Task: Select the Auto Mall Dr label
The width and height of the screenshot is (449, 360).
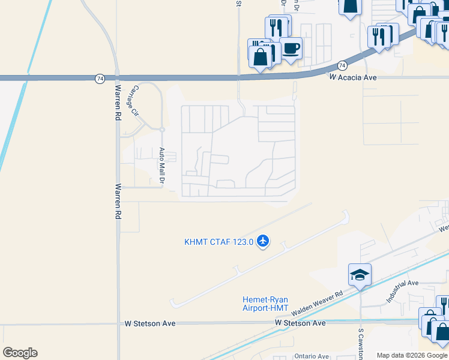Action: [x=162, y=166]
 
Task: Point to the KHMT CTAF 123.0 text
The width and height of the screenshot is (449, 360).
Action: [x=218, y=242]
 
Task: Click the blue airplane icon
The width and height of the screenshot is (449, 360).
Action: [x=262, y=241]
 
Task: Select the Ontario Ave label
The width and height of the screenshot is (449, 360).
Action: [x=312, y=356]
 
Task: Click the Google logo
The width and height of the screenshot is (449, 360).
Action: [x=20, y=353]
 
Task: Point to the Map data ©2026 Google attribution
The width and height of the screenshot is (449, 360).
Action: [x=412, y=355]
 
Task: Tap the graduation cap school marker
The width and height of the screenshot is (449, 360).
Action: [x=360, y=275]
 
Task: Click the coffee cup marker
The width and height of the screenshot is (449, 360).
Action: [x=291, y=48]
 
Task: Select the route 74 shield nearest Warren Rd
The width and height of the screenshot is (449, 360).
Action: [x=100, y=78]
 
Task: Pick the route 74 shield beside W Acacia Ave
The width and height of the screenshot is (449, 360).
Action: [x=342, y=65]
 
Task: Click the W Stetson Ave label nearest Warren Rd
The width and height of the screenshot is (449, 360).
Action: [x=150, y=323]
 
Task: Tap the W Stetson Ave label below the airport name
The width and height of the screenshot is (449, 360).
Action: [x=300, y=323]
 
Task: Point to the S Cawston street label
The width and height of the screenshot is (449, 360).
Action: [x=361, y=344]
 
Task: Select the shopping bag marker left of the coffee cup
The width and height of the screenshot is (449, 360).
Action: [x=261, y=58]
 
